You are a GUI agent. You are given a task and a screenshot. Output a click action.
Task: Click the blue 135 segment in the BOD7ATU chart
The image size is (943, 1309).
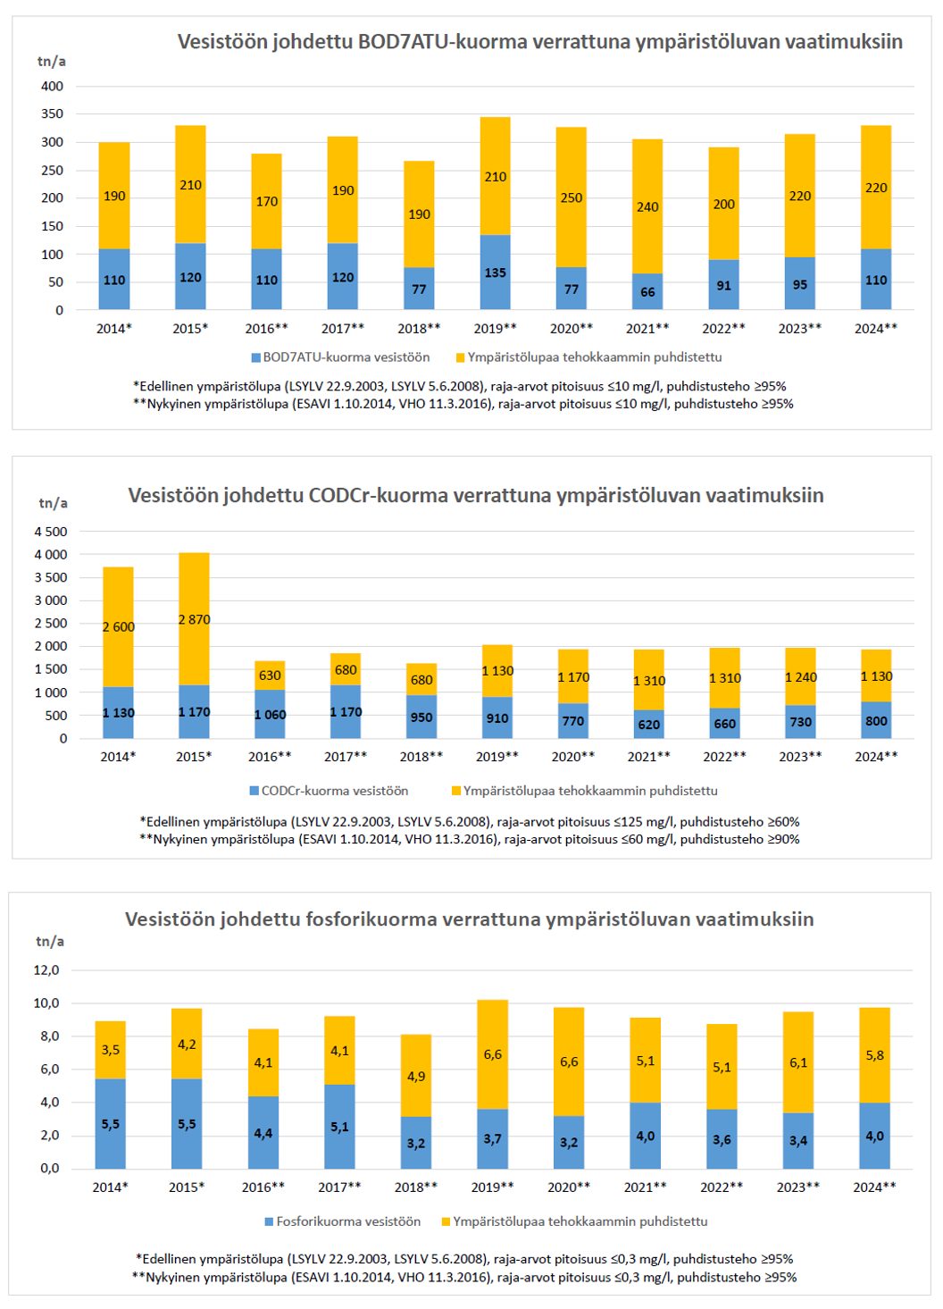pyautogui.click(x=495, y=273)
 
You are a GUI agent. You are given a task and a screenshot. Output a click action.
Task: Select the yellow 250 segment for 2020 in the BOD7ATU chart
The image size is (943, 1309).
pyautogui.click(x=572, y=197)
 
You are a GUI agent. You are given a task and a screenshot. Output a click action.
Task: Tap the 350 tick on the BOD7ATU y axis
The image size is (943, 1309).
pyautogui.click(x=52, y=114)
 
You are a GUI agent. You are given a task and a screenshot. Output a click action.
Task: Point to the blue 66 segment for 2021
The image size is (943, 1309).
pyautogui.click(x=647, y=292)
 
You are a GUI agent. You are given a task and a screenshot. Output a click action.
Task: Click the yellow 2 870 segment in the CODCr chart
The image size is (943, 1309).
pyautogui.click(x=194, y=619)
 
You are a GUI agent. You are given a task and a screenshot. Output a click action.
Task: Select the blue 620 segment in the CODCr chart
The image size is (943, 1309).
pyautogui.click(x=649, y=725)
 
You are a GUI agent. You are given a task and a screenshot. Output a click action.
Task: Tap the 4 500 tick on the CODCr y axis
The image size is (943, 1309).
pyautogui.click(x=51, y=532)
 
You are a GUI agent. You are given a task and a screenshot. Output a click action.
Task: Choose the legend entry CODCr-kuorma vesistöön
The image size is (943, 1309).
pyautogui.click(x=334, y=791)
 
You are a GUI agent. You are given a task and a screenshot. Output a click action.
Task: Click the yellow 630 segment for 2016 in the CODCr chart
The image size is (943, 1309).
pyautogui.click(x=270, y=675)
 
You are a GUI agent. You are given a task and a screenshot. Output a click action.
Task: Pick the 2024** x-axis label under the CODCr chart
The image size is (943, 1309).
pyautogui.click(x=876, y=757)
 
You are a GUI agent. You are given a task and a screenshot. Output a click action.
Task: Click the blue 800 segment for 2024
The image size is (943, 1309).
pyautogui.click(x=876, y=720)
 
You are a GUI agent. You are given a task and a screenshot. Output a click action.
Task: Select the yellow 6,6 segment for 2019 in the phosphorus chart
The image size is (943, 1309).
pyautogui.click(x=493, y=1054)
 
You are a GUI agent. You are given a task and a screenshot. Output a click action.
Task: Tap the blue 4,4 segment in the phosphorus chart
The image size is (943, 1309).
pyautogui.click(x=263, y=1133)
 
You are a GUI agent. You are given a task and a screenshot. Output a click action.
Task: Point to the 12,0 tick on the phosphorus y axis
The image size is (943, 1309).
pyautogui.click(x=46, y=970)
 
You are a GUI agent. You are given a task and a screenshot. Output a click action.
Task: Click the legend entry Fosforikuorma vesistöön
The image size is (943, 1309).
pyautogui.click(x=347, y=1221)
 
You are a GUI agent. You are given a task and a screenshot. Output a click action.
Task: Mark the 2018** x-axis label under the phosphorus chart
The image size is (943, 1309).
pyautogui.click(x=416, y=1187)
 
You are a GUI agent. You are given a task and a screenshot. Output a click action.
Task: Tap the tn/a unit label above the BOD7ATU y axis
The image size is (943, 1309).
pyautogui.click(x=51, y=62)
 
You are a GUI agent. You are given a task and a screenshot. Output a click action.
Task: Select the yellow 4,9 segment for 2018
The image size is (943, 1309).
pyautogui.click(x=416, y=1076)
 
